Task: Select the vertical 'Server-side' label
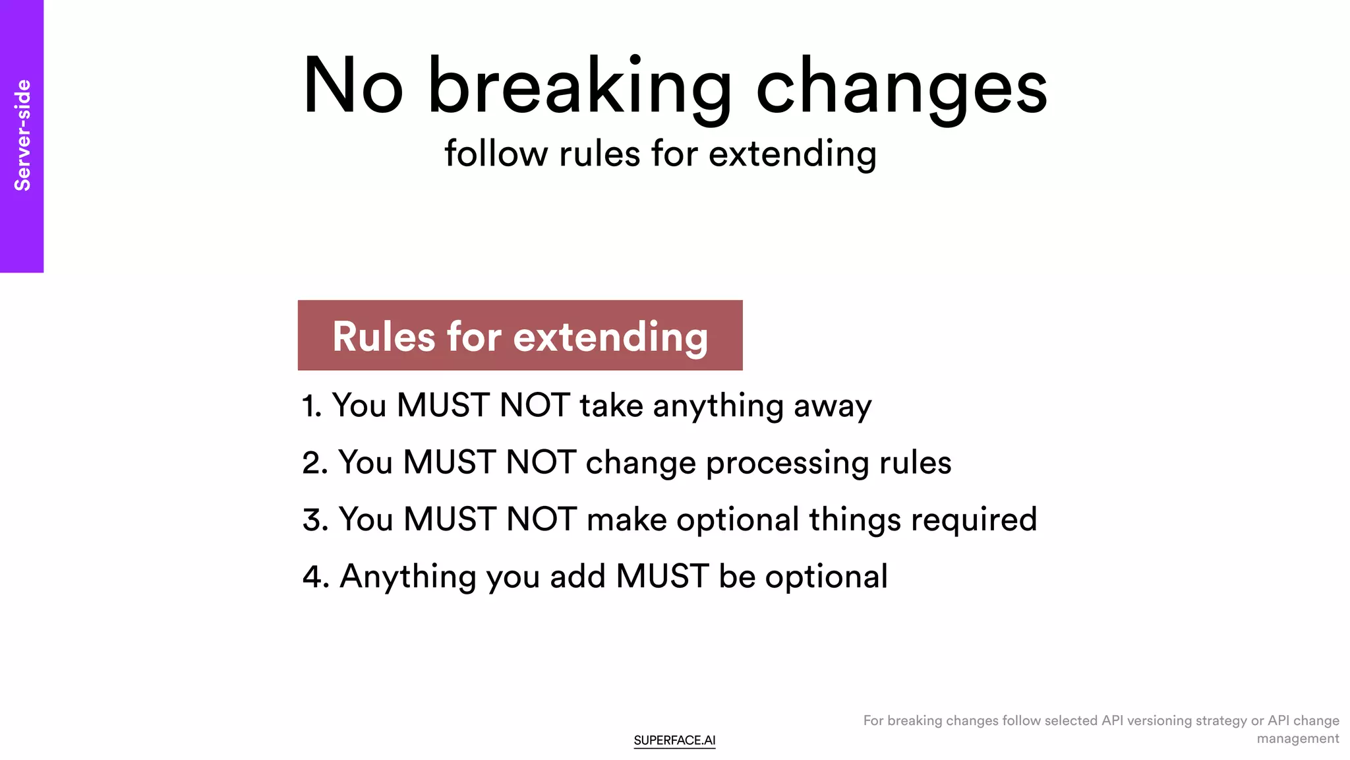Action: pyautogui.click(x=22, y=135)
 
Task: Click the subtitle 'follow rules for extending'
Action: pyautogui.click(x=660, y=154)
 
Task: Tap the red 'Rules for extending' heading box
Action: pyautogui.click(x=520, y=336)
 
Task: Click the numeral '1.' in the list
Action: pyautogui.click(x=312, y=406)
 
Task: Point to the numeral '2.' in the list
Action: pyautogui.click(x=315, y=462)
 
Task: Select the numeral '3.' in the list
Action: pyautogui.click(x=315, y=520)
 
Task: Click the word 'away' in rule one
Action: pyautogui.click(x=833, y=406)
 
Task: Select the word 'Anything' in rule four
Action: pyautogui.click(x=408, y=577)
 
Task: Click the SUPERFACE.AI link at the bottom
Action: pyautogui.click(x=674, y=740)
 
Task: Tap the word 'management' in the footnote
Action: pyautogui.click(x=1297, y=738)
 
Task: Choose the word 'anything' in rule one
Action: pyautogui.click(x=718, y=406)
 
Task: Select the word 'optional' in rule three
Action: pyautogui.click(x=738, y=520)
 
